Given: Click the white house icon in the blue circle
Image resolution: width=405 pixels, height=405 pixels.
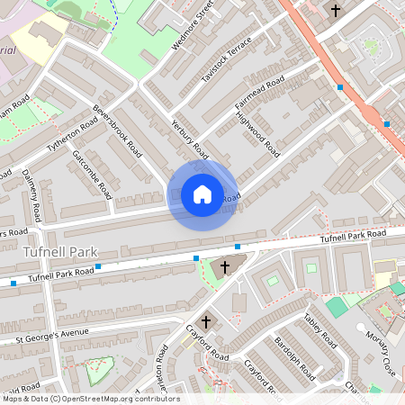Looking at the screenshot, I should (x=202, y=194).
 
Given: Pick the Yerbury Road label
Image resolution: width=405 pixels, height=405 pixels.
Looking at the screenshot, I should (x=188, y=142).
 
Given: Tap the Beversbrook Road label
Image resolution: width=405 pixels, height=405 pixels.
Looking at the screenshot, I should (x=117, y=131).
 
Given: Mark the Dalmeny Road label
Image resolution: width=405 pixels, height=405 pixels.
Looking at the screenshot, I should (x=31, y=194).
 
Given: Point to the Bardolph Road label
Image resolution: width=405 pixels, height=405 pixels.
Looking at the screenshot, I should (x=296, y=359).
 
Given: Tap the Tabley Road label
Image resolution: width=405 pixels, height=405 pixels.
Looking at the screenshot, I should (x=319, y=330).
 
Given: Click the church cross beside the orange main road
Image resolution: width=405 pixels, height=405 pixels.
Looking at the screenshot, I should (x=336, y=11).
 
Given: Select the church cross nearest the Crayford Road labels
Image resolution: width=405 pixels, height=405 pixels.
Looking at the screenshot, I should (x=205, y=320).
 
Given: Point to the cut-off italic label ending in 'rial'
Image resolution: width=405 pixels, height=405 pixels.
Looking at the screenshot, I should (x=9, y=50).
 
